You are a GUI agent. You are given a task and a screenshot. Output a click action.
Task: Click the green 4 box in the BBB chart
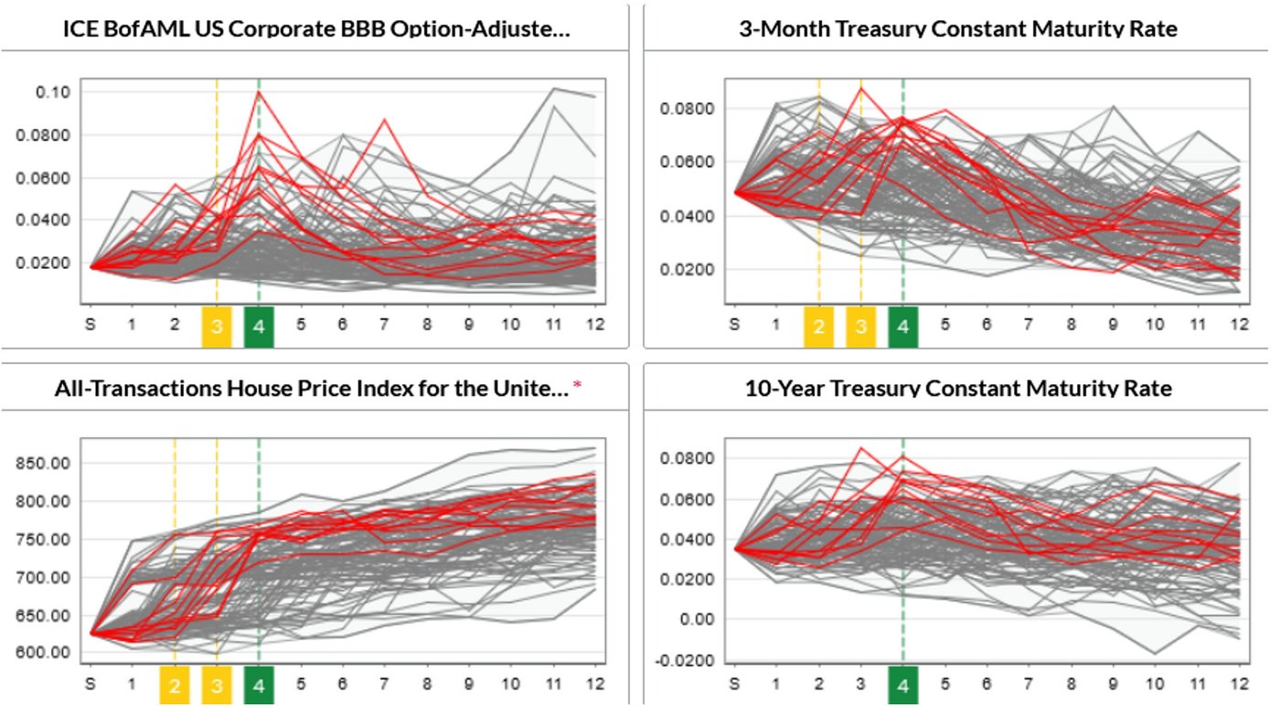click(259, 326)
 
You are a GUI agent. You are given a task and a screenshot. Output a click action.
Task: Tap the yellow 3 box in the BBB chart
click(217, 326)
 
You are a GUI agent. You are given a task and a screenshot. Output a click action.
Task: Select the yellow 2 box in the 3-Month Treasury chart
click(818, 326)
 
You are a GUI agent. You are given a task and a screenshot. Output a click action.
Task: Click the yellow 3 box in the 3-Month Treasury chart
click(860, 326)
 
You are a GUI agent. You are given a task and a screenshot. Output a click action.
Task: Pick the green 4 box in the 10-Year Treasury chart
click(902, 684)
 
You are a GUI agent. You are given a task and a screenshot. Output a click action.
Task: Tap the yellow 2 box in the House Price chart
click(174, 684)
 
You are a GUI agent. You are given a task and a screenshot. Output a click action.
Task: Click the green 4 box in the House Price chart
click(259, 684)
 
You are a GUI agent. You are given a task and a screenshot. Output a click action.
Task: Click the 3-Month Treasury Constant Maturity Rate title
click(957, 29)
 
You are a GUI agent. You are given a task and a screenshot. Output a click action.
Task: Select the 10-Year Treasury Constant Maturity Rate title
click(957, 389)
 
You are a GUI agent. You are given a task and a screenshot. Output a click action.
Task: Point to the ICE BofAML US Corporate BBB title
click(315, 29)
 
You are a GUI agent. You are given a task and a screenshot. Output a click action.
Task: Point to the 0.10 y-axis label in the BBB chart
click(53, 92)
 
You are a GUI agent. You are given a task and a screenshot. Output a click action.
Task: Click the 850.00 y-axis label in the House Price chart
click(43, 463)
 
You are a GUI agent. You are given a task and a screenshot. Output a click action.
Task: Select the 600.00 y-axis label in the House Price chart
click(43, 653)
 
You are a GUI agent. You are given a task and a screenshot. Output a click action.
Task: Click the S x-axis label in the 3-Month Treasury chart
click(734, 326)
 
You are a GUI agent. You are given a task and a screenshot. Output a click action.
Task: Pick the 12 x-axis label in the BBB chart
click(596, 326)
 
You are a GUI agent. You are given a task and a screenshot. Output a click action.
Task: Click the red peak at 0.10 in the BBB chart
click(259, 91)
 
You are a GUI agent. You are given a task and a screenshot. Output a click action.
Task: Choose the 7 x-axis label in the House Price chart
click(385, 684)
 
